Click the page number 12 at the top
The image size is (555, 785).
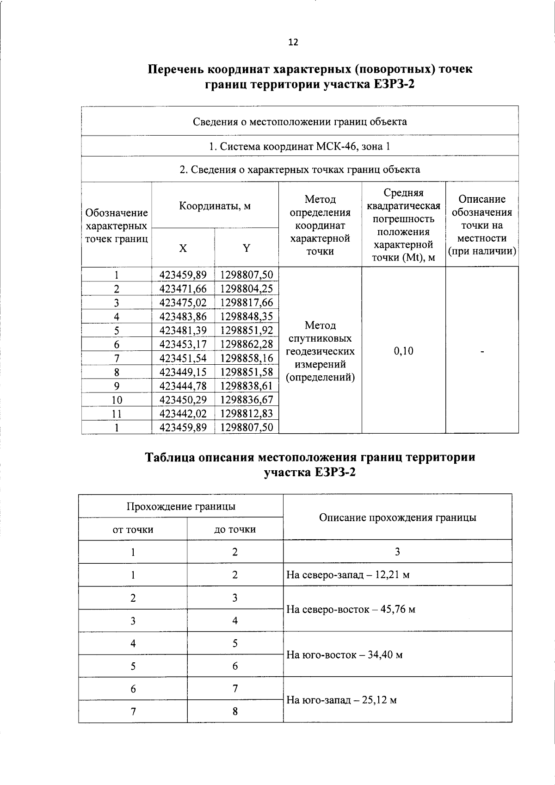point(293,43)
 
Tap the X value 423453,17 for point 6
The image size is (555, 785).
point(183,344)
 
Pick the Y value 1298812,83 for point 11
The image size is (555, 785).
point(247,413)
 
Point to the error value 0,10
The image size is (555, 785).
point(403,351)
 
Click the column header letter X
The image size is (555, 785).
point(183,249)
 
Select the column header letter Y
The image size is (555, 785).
point(247,249)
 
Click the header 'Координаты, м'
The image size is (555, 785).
point(215,206)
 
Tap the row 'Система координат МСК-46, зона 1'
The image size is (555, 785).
point(299,147)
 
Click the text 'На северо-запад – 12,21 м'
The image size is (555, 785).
point(348,575)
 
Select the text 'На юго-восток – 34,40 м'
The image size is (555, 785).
point(345,655)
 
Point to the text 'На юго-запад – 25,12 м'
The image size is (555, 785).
point(341,700)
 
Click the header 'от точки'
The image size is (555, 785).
point(133,530)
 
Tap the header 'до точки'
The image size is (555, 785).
point(235,530)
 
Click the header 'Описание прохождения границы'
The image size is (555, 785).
point(397,517)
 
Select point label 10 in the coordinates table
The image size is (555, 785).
point(117,400)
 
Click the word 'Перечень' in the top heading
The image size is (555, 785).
point(175,69)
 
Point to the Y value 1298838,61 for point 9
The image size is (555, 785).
point(247,386)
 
